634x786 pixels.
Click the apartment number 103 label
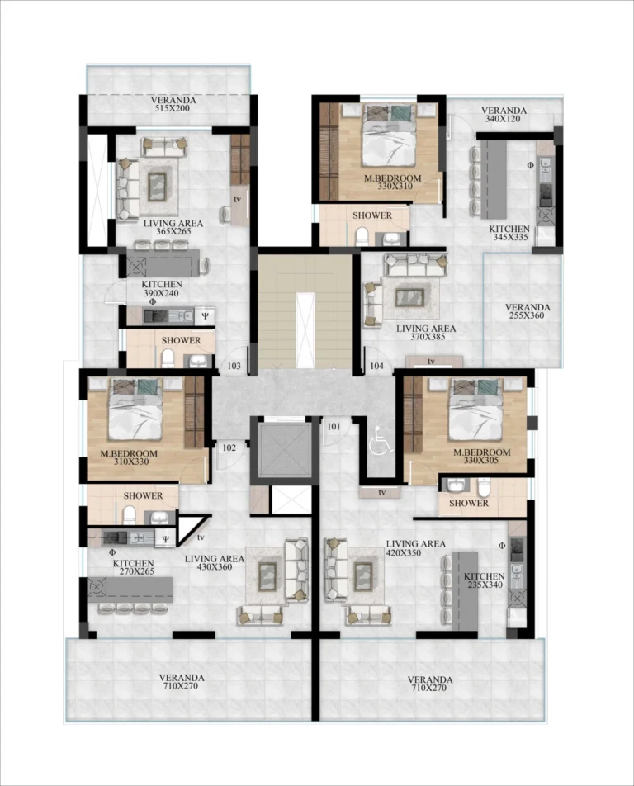(234, 366)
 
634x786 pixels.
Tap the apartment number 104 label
(377, 366)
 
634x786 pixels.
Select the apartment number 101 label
(334, 427)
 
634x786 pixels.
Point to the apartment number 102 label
(229, 447)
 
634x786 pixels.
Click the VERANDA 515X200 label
(173, 104)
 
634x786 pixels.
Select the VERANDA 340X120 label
(504, 114)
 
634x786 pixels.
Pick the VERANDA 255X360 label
(528, 310)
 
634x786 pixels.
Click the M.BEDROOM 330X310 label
(392, 182)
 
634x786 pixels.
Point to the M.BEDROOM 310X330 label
(129, 457)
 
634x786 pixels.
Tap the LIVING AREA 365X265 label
(173, 227)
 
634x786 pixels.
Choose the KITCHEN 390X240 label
(161, 289)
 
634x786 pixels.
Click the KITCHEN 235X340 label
(484, 580)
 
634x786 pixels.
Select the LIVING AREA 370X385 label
(426, 333)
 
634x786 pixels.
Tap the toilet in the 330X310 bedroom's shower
(362, 237)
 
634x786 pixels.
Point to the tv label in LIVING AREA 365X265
(238, 199)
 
